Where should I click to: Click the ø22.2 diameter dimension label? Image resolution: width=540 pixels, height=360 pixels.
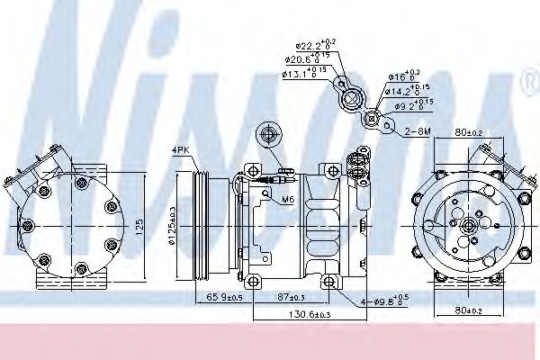pos(311,44)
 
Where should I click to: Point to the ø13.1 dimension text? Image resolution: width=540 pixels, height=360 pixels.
pos(303,74)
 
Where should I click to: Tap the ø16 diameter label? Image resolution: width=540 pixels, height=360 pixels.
pos(403,77)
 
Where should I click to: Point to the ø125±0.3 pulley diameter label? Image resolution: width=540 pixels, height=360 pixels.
pos(172,222)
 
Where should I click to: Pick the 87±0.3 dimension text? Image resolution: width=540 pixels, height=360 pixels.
pos(292,296)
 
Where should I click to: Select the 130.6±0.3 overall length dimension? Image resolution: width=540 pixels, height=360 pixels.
pos(286,314)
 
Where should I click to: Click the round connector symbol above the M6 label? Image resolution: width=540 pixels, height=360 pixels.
pos(267,136)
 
